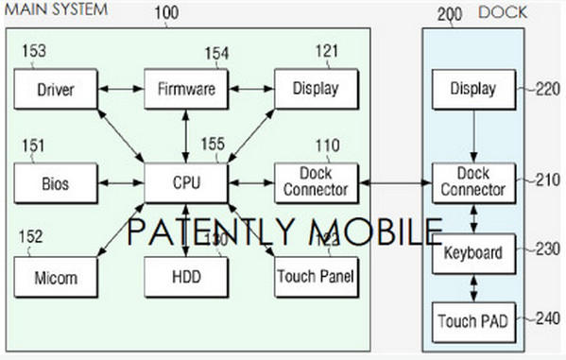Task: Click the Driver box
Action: [x=56, y=91]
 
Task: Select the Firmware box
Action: [x=186, y=91]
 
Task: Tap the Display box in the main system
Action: [x=317, y=91]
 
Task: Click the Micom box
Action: [x=56, y=278]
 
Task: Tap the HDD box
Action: [x=186, y=278]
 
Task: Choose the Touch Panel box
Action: [x=317, y=278]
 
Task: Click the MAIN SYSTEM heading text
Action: [x=55, y=9]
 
